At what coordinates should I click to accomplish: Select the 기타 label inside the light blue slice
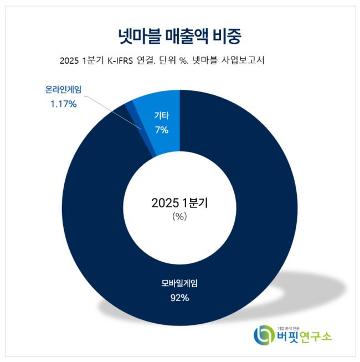tap(161, 117)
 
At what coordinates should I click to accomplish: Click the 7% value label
tap(161, 130)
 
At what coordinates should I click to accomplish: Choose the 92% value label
tap(179, 298)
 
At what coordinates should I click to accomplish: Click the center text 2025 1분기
tap(179, 203)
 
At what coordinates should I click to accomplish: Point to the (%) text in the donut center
tap(179, 217)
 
